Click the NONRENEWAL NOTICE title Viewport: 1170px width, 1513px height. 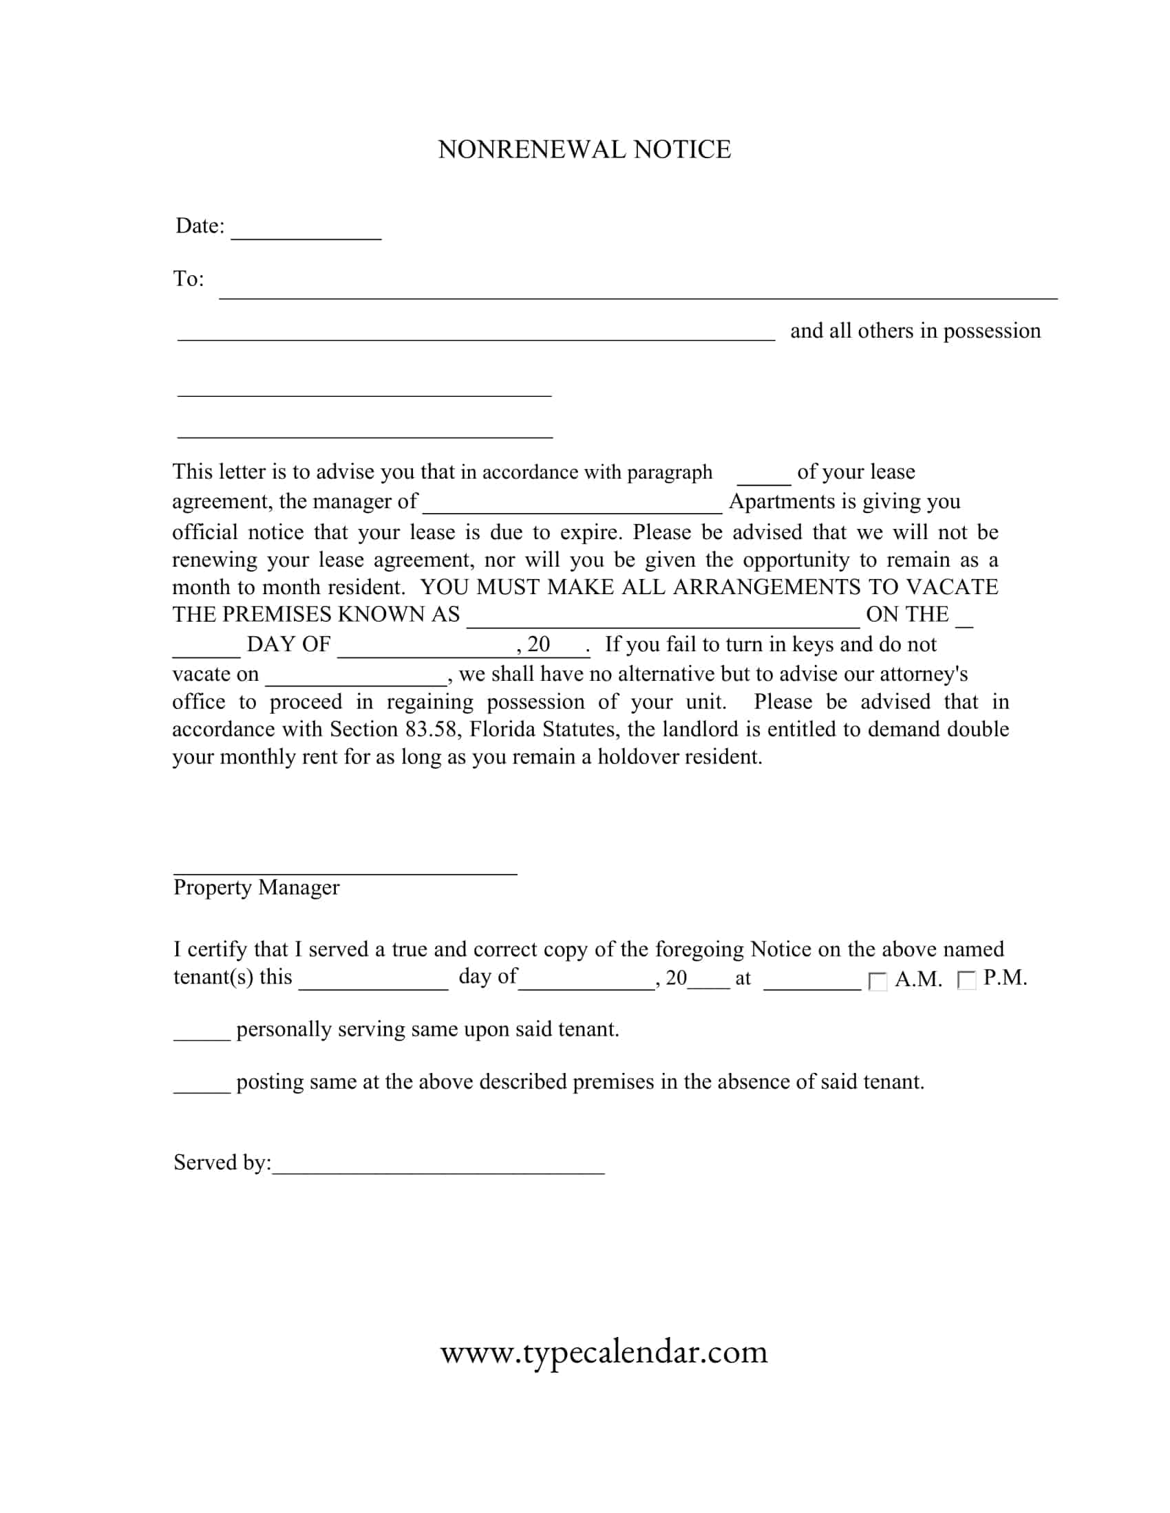pyautogui.click(x=584, y=150)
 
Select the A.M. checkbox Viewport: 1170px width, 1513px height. pyautogui.click(x=877, y=981)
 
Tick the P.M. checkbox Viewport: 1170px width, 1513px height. pyautogui.click(x=966, y=979)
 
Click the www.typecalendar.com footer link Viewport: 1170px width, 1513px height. pyautogui.click(x=604, y=1351)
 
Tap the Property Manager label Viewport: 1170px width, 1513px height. pyautogui.click(x=257, y=887)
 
